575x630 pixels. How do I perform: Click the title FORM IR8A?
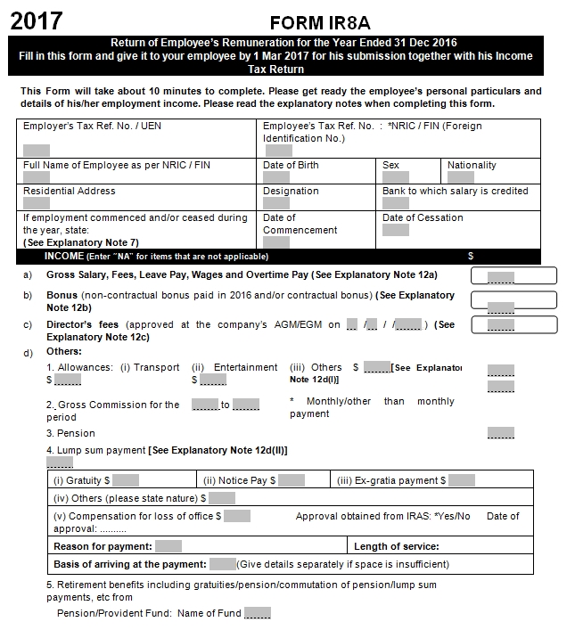[322, 22]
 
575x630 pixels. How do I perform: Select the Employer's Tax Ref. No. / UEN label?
[92, 127]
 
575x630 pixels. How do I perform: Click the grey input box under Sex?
[395, 177]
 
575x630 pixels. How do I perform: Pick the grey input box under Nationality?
[460, 177]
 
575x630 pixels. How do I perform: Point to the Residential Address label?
[70, 191]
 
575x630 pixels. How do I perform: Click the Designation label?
[291, 191]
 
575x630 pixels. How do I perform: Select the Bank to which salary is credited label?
[455, 191]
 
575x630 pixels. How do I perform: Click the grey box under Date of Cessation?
[395, 230]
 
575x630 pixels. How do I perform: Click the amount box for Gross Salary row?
[513, 276]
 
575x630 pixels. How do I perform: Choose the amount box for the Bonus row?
[513, 301]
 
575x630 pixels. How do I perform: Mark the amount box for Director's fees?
[513, 325]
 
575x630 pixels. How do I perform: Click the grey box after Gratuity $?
[126, 480]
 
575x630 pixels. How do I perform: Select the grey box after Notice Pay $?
[292, 480]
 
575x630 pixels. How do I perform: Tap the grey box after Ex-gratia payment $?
[461, 480]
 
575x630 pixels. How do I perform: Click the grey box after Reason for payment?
[168, 546]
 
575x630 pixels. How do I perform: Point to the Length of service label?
[396, 546]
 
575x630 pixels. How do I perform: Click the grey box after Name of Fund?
[257, 613]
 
